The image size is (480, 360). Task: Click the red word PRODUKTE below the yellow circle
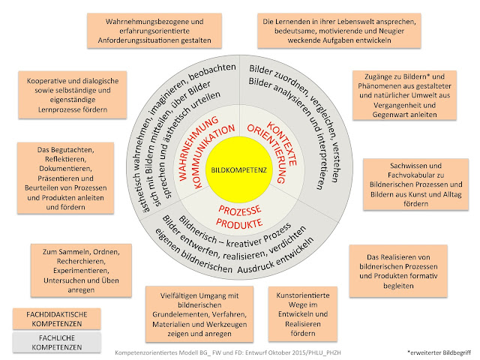(241, 223)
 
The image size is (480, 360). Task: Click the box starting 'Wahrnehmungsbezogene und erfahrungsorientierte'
(150, 30)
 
